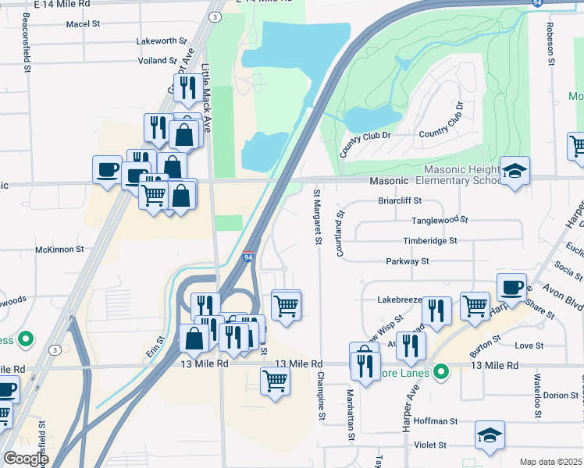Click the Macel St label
tap(84, 24)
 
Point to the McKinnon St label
tap(59, 250)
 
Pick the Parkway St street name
tap(408, 261)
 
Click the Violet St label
tap(431, 445)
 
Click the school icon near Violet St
tap(490, 435)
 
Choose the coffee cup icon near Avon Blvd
tap(511, 287)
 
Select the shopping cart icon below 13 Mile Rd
tap(275, 381)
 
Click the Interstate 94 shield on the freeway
tap(247, 257)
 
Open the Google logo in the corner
tap(26, 458)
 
